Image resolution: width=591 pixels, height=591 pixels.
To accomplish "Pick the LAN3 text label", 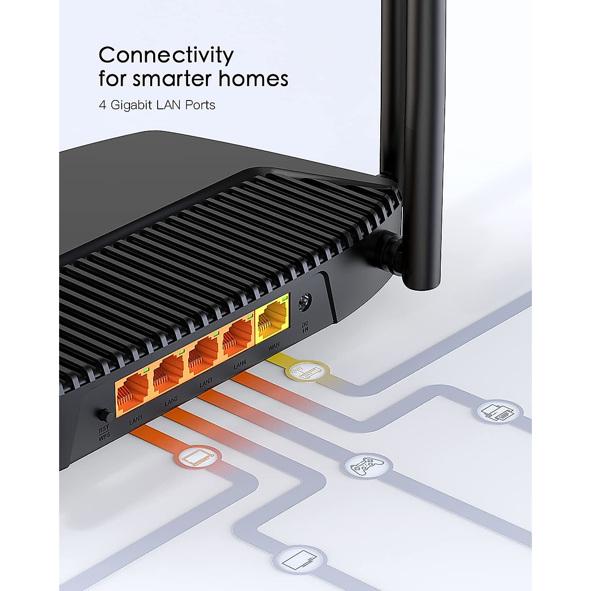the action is click(x=206, y=382).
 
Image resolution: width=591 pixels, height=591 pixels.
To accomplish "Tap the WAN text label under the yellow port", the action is click(x=273, y=346).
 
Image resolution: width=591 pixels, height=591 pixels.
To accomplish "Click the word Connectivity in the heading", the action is click(x=166, y=55).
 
